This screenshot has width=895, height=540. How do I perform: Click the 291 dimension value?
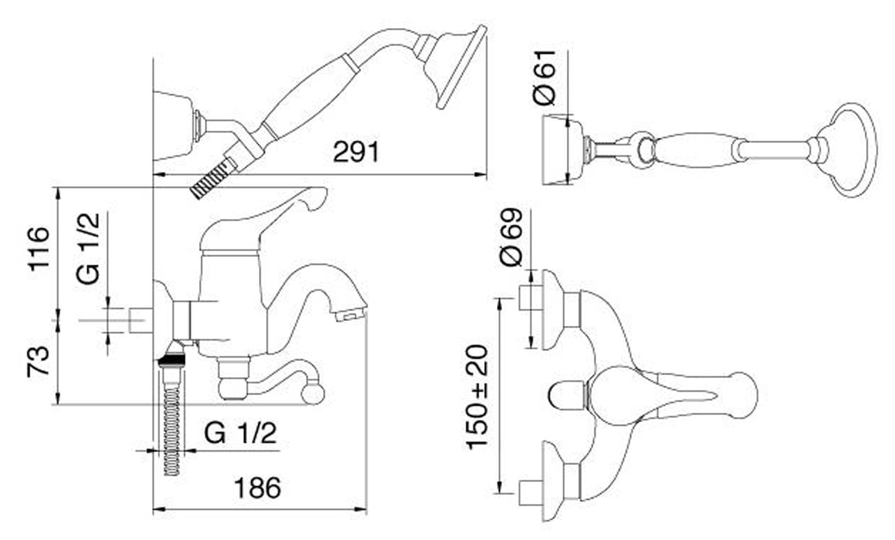(356, 152)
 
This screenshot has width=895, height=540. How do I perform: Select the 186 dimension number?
(257, 488)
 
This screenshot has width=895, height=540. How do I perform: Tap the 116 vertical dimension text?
(39, 249)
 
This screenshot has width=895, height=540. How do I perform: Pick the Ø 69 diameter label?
(512, 237)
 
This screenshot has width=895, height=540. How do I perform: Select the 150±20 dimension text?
(478, 397)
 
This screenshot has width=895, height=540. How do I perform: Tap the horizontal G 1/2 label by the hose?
(240, 433)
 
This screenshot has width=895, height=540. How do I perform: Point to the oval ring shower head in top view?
(852, 150)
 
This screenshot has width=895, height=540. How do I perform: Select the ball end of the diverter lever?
(313, 393)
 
